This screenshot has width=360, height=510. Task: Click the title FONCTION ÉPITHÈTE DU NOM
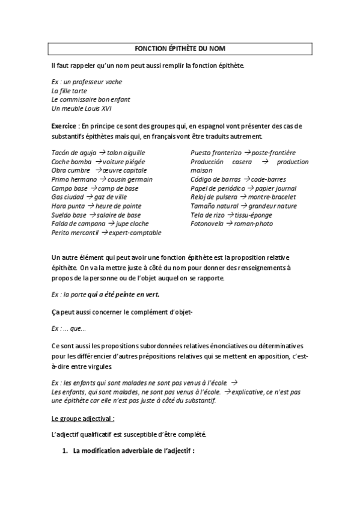180,48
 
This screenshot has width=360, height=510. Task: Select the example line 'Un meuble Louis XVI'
81,108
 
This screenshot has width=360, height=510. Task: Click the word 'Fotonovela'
207,224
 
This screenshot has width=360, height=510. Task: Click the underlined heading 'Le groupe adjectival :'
83,417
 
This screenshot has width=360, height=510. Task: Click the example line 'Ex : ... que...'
69,328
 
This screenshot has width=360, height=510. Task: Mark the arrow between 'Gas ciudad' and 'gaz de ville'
90,197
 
